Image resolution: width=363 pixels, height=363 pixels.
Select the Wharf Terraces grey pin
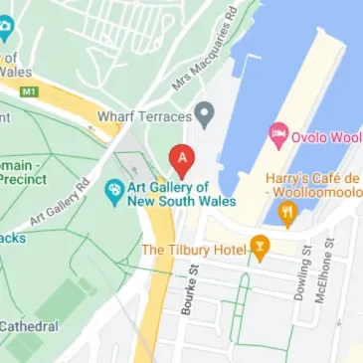coord(205,114)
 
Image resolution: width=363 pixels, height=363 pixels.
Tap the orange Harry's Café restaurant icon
coord(288,211)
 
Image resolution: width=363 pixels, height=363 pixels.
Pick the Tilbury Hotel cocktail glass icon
coord(260,247)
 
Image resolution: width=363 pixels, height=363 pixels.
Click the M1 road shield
coord(31,91)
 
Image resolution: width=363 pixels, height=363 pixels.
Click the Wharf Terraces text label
coord(143,116)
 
